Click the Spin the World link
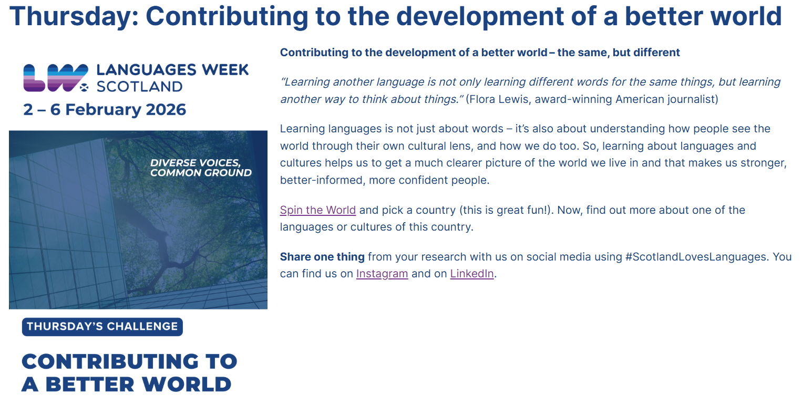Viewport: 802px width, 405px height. click(x=317, y=210)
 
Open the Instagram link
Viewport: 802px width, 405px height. click(x=382, y=274)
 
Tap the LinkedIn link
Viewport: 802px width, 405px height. click(x=472, y=274)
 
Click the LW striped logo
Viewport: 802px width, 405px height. click(x=56, y=78)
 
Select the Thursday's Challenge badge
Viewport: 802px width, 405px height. click(x=102, y=327)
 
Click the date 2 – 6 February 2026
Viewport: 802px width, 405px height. click(x=105, y=109)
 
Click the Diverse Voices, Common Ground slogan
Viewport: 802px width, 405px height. click(x=201, y=168)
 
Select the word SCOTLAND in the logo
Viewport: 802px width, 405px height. click(x=140, y=87)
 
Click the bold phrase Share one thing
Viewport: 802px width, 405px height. click(x=322, y=257)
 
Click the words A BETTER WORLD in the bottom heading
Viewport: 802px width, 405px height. click(x=126, y=385)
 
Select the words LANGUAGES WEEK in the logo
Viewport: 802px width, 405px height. click(x=172, y=70)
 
